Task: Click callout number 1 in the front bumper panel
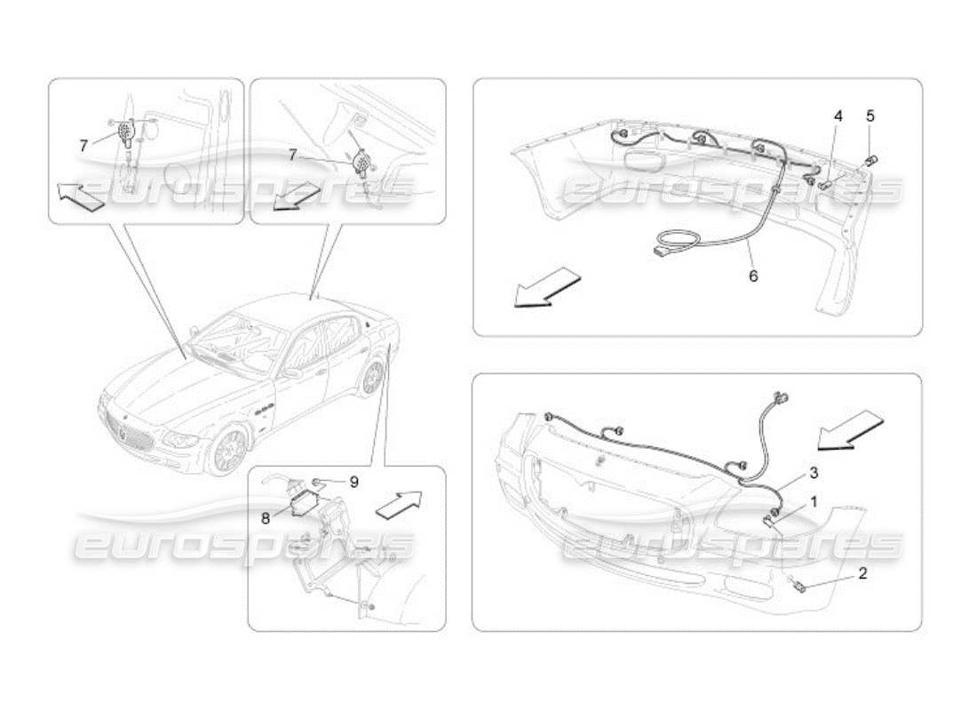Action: [814, 502]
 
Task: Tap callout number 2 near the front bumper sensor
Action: [862, 573]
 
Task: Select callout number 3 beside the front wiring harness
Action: [814, 473]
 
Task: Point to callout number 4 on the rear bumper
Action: [838, 116]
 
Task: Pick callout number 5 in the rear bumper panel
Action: [870, 116]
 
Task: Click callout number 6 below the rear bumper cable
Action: [753, 276]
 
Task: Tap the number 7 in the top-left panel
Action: [84, 145]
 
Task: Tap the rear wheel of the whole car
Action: [370, 378]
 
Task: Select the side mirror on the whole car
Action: [290, 372]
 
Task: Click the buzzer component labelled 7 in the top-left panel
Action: [125, 132]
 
